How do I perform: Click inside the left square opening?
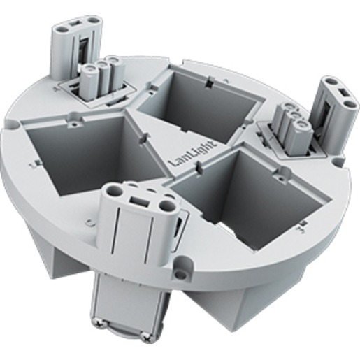tap(93, 154)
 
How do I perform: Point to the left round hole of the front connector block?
tap(113, 192)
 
